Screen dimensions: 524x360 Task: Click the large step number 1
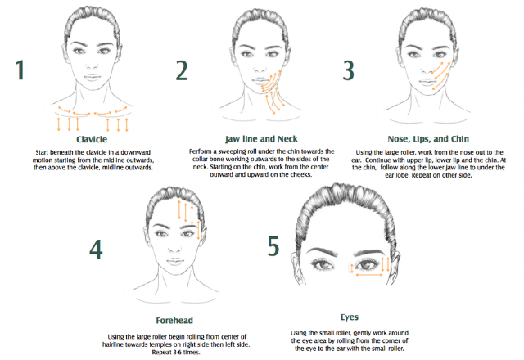point(20,70)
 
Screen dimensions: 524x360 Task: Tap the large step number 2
point(182,70)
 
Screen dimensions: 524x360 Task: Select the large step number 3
point(348,70)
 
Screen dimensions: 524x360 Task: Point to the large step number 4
point(96,250)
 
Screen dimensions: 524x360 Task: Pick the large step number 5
point(273,246)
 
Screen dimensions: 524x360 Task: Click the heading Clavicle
point(92,140)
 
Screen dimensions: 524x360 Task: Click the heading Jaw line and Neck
point(261,139)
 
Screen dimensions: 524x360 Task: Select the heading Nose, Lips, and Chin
point(428,139)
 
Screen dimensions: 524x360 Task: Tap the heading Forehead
point(174,321)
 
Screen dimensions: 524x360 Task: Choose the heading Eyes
point(350,317)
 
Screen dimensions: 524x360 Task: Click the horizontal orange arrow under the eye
point(369,275)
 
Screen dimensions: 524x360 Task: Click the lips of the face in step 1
point(93,77)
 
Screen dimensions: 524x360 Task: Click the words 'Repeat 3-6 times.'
point(176,353)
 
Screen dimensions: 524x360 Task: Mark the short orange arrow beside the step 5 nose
point(352,268)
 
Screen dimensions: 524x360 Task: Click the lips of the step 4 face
point(175,261)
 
